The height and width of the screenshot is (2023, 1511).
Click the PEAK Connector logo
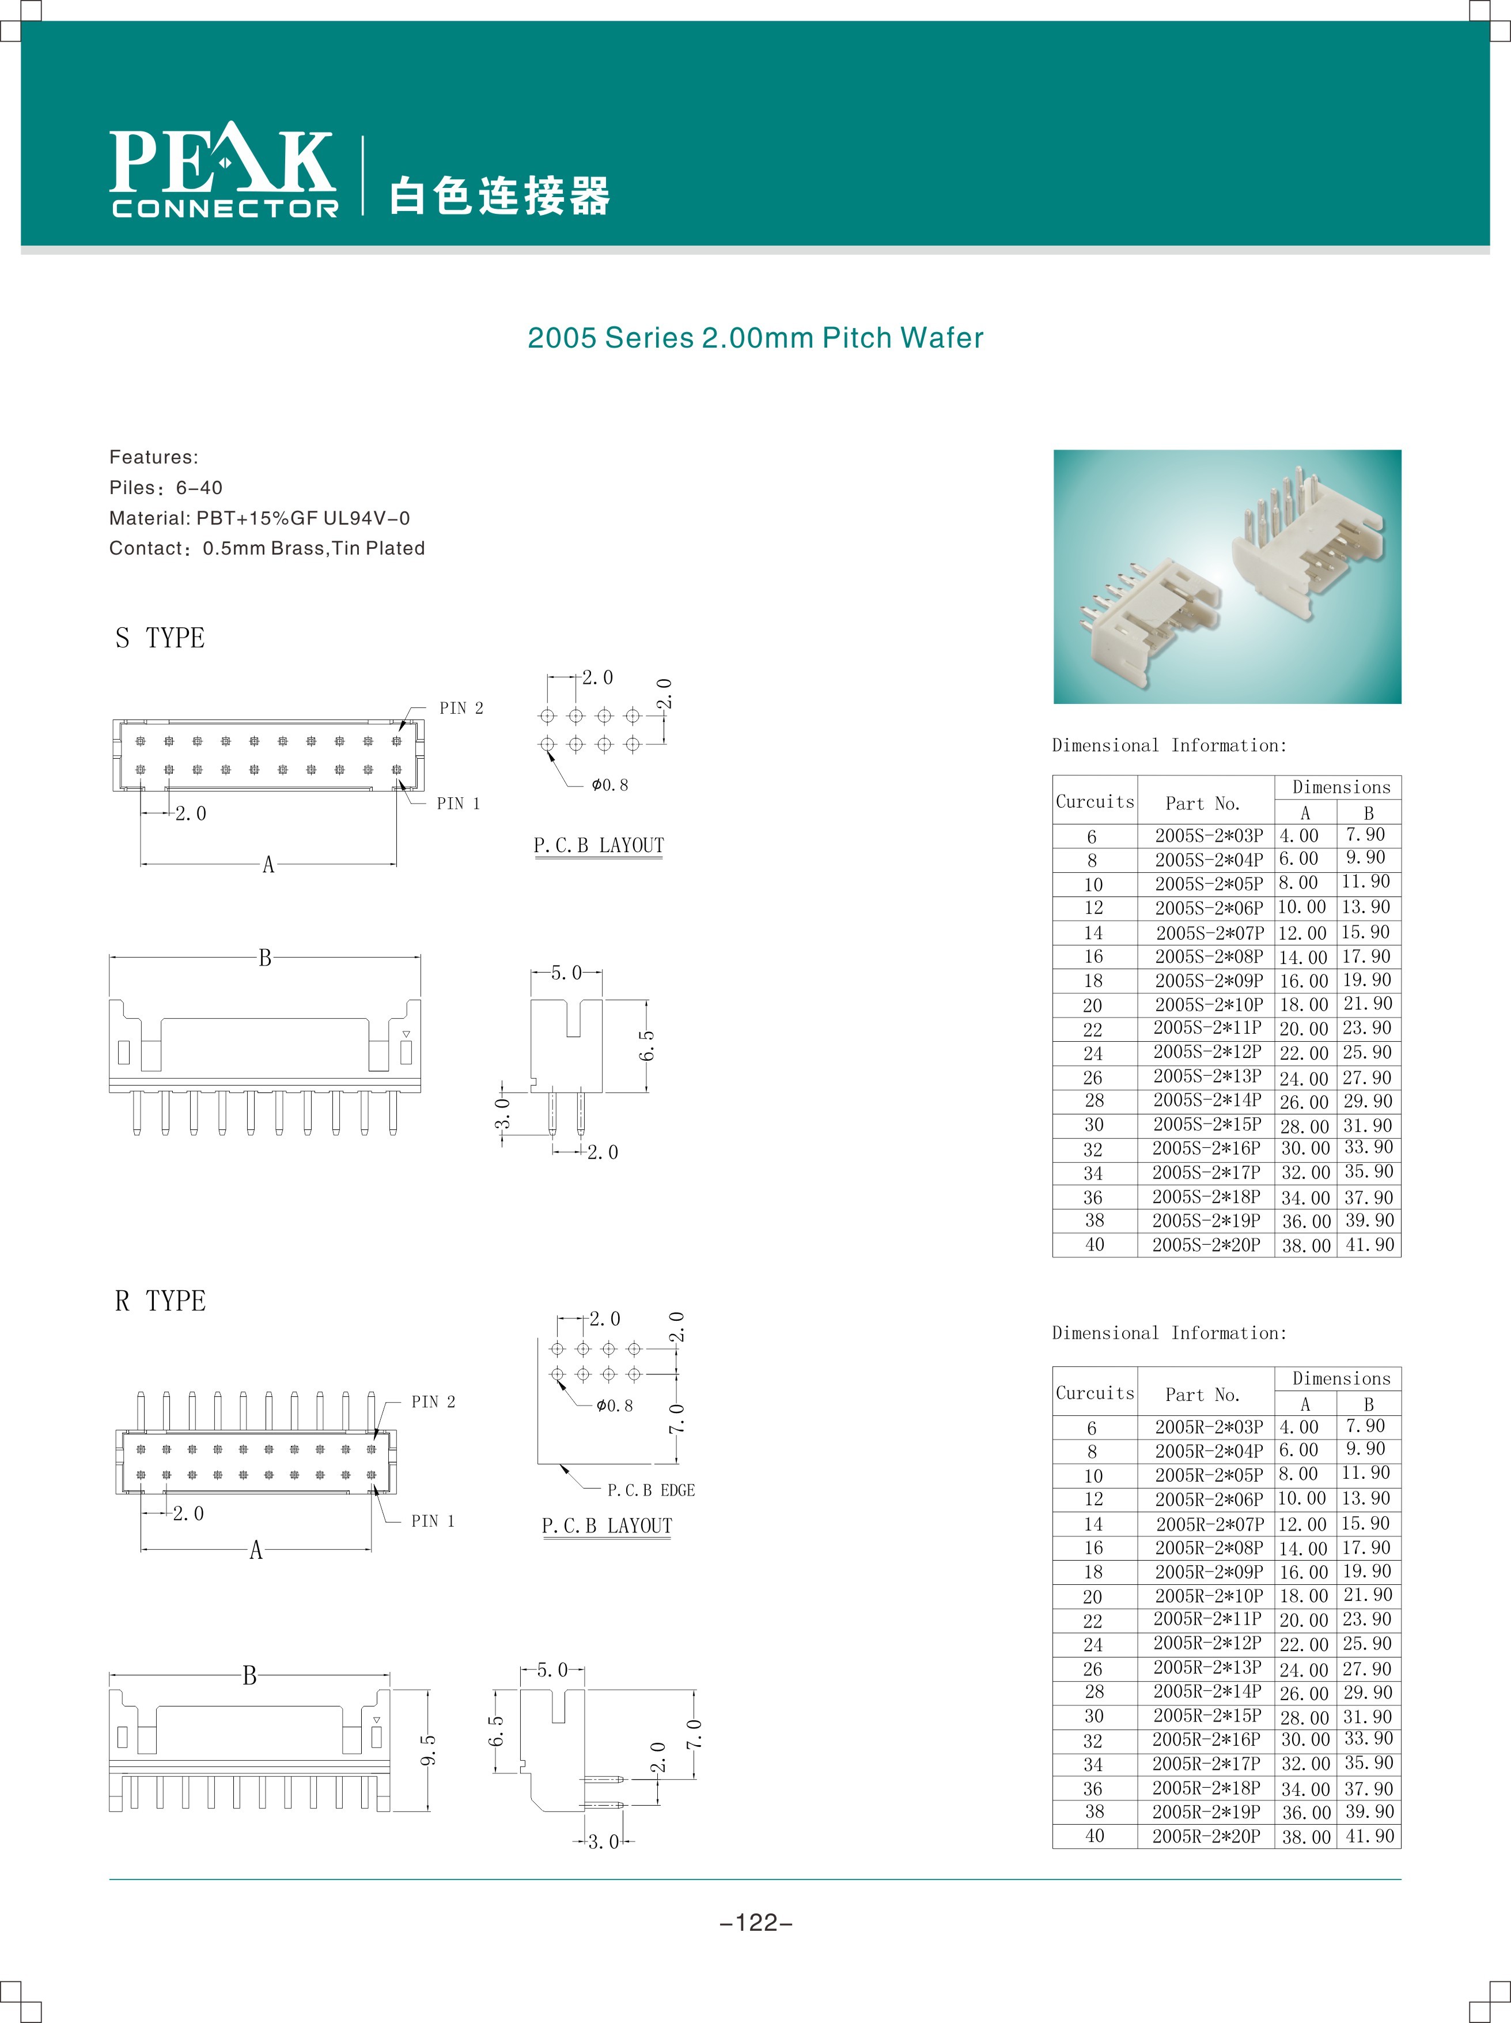click(223, 172)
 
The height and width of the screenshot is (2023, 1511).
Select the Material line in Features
click(260, 518)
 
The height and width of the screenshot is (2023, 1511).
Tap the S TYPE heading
click(160, 638)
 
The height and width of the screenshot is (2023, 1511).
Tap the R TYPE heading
click(160, 1301)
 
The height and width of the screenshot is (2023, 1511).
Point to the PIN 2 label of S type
click(461, 708)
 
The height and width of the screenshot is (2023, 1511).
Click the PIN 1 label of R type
click(433, 1521)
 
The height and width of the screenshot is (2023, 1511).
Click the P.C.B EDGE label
click(651, 1491)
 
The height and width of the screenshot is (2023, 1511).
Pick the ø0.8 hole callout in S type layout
click(609, 785)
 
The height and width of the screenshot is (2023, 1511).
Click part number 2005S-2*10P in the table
click(1209, 1004)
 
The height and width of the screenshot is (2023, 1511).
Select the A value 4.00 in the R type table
click(1299, 1427)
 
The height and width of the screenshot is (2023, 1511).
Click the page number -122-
click(756, 1923)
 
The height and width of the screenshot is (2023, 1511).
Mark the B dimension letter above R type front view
click(249, 1675)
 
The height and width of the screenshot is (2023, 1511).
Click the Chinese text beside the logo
click(499, 195)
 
